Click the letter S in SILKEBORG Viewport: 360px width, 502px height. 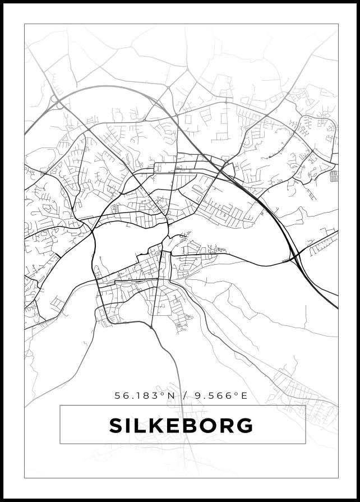(x=116, y=426)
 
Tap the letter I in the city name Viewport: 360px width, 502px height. (x=128, y=426)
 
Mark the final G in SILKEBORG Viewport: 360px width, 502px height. (x=244, y=426)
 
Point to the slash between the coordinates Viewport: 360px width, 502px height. (x=185, y=395)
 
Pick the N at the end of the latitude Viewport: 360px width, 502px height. (x=171, y=395)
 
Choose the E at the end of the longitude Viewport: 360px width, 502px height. (x=244, y=395)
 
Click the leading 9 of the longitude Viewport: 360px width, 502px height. (x=198, y=395)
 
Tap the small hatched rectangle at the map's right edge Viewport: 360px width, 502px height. (x=334, y=177)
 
